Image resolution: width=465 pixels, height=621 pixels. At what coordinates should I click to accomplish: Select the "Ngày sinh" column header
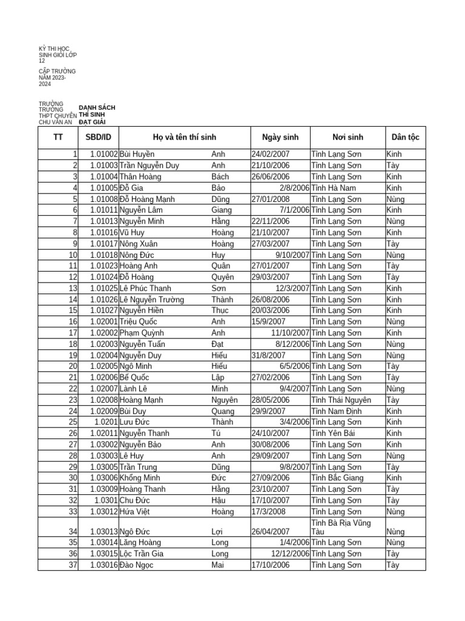tap(280, 138)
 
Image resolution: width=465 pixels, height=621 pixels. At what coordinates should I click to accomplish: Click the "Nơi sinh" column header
tap(348, 138)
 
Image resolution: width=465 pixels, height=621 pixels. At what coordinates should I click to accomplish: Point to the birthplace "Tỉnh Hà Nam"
tap(334, 188)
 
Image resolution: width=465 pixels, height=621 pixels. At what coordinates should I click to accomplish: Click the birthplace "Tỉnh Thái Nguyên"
tap(341, 400)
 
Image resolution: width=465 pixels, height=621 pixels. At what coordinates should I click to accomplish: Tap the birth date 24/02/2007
tap(271, 155)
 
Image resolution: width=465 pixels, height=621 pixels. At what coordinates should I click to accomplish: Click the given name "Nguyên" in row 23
tap(225, 400)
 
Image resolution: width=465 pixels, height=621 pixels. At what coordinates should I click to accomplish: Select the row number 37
tap(73, 565)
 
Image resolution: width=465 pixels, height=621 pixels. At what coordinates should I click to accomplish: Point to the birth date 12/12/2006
tap(290, 554)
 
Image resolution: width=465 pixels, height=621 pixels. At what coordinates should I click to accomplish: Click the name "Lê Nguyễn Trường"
tap(151, 300)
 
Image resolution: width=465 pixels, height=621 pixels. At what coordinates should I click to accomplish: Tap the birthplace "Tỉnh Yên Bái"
tap(334, 434)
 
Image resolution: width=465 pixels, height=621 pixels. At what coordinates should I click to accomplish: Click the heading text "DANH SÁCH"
tap(97, 107)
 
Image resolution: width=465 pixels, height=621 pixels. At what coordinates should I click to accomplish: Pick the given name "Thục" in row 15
tap(220, 310)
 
